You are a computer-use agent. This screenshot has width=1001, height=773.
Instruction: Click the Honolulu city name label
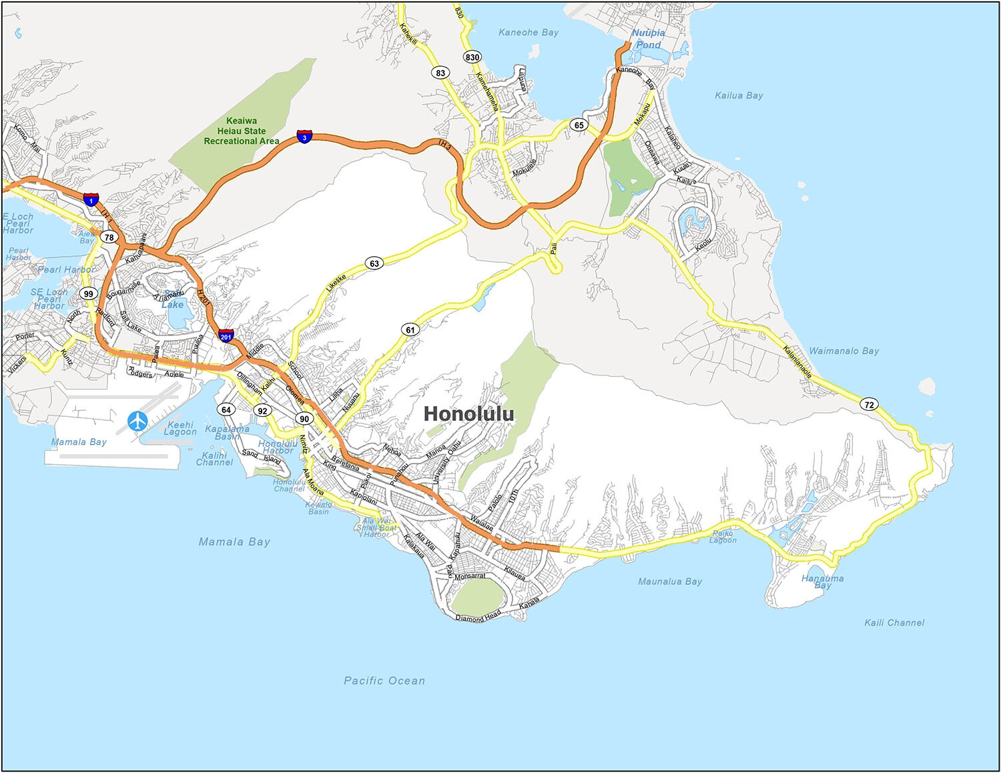[x=469, y=414]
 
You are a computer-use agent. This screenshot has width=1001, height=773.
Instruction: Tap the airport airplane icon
[x=138, y=421]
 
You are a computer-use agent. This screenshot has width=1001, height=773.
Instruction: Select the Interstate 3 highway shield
[x=304, y=137]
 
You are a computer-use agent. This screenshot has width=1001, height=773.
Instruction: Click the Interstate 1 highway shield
[x=91, y=199]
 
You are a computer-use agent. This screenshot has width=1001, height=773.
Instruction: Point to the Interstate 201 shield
[x=226, y=336]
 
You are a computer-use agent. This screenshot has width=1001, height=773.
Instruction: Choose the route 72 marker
[x=868, y=405]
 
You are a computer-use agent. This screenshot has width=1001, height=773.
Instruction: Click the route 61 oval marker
[x=410, y=329]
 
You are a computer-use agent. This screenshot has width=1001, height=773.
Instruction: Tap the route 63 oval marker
[x=374, y=263]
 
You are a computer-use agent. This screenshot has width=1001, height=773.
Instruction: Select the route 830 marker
[x=472, y=57]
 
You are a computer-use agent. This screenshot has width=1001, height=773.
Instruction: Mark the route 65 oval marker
[x=579, y=125]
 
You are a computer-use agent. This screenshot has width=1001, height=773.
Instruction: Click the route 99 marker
[x=89, y=293]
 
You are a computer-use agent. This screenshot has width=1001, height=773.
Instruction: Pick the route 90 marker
[x=304, y=419]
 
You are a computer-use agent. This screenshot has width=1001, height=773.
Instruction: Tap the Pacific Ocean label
[x=384, y=681]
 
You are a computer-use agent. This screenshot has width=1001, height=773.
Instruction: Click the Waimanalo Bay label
[x=844, y=351]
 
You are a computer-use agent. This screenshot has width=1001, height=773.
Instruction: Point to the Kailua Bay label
[x=739, y=95]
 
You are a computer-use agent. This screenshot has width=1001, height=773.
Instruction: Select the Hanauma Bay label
[x=822, y=582]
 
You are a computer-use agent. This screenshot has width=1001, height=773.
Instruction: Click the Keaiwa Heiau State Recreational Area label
[x=242, y=131]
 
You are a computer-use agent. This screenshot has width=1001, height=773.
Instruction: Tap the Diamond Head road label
[x=478, y=618]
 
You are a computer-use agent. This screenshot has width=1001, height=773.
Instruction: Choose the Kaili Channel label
[x=894, y=623]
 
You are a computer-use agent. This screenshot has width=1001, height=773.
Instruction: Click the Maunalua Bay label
[x=670, y=582]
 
